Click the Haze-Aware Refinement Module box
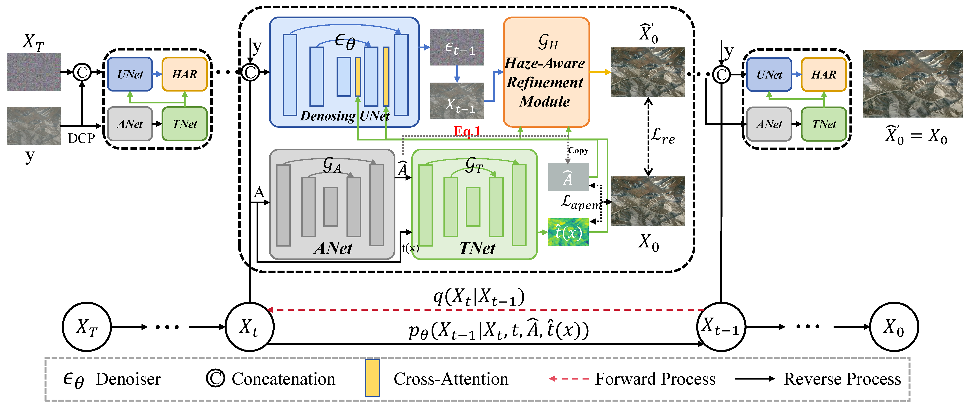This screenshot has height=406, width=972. pyautogui.click(x=546, y=72)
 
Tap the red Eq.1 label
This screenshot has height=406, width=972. pyautogui.click(x=467, y=131)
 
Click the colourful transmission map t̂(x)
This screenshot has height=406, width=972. pyautogui.click(x=568, y=232)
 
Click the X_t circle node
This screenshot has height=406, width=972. pyautogui.click(x=250, y=327)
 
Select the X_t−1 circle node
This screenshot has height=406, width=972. pyautogui.click(x=721, y=327)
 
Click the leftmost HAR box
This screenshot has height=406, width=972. pyautogui.click(x=184, y=74)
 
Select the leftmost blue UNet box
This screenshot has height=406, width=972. pyautogui.click(x=130, y=74)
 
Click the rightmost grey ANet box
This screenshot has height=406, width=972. pyautogui.click(x=769, y=124)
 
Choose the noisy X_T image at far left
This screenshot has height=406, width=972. pyautogui.click(x=34, y=72)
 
